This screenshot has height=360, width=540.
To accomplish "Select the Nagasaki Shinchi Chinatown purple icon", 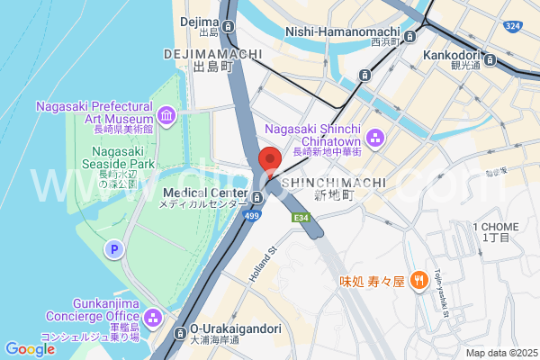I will pyautogui.click(x=375, y=138).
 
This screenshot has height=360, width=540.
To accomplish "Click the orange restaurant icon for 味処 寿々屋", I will pyautogui.click(x=418, y=281).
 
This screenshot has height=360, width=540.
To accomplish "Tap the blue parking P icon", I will pyautogui.click(x=114, y=248).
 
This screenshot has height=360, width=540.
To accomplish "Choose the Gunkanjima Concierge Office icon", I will pyautogui.click(x=152, y=318).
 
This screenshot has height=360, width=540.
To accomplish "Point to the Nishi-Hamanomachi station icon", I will pyautogui.click(x=410, y=37).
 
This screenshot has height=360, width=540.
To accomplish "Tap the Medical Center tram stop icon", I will pyautogui.click(x=257, y=197).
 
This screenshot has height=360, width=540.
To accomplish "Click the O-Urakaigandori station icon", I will pyautogui.click(x=180, y=329).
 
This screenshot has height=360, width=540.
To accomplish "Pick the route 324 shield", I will pyautogui.click(x=512, y=26).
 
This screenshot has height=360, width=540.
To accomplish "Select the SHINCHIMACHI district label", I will pyautogui.click(x=334, y=183).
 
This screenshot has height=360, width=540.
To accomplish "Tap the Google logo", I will pyautogui.click(x=30, y=349).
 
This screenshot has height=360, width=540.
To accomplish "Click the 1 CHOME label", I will pyautogui.click(x=495, y=226).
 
